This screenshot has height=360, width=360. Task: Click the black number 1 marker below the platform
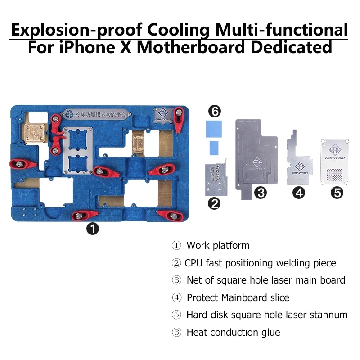pos(93,229)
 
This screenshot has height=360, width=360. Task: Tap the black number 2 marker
pos(214,203)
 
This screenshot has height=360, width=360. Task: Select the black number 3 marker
pos(260,193)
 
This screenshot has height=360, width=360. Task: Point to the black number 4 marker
pos(298,193)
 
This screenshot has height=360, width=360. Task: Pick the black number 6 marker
pos(214,111)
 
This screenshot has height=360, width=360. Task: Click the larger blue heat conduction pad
pos(214,129)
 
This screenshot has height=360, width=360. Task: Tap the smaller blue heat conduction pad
pos(214,146)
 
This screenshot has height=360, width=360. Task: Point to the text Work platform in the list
pos(218,246)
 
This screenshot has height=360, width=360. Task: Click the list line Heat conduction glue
pos(233,333)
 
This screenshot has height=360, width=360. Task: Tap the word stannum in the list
pos(328,315)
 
